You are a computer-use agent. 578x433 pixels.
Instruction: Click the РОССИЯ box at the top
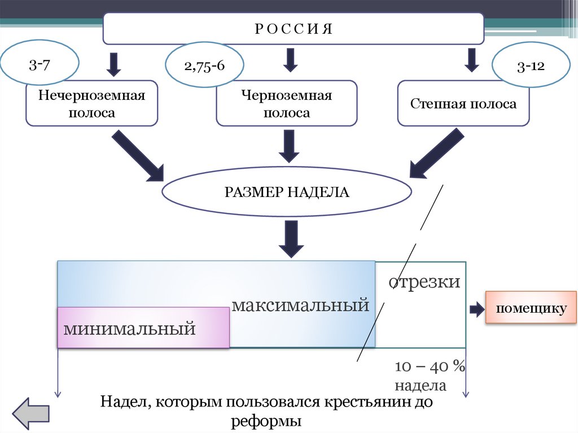[293, 29]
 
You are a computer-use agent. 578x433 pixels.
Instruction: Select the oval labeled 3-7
[40, 65]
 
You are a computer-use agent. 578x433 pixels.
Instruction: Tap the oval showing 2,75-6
[204, 65]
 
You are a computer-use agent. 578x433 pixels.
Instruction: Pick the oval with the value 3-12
[530, 66]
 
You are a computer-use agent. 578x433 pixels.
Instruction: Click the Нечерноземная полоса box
[91, 104]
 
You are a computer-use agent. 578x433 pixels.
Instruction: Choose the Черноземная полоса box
[287, 104]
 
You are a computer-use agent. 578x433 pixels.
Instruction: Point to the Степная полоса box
[463, 104]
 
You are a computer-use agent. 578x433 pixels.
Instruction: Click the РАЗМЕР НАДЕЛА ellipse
[287, 192]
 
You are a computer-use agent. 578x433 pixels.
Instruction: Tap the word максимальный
[300, 306]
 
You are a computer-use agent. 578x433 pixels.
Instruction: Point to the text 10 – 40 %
[430, 367]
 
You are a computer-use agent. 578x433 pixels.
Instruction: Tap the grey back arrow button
[31, 413]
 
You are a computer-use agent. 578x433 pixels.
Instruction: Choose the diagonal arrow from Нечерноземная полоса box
[138, 156]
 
